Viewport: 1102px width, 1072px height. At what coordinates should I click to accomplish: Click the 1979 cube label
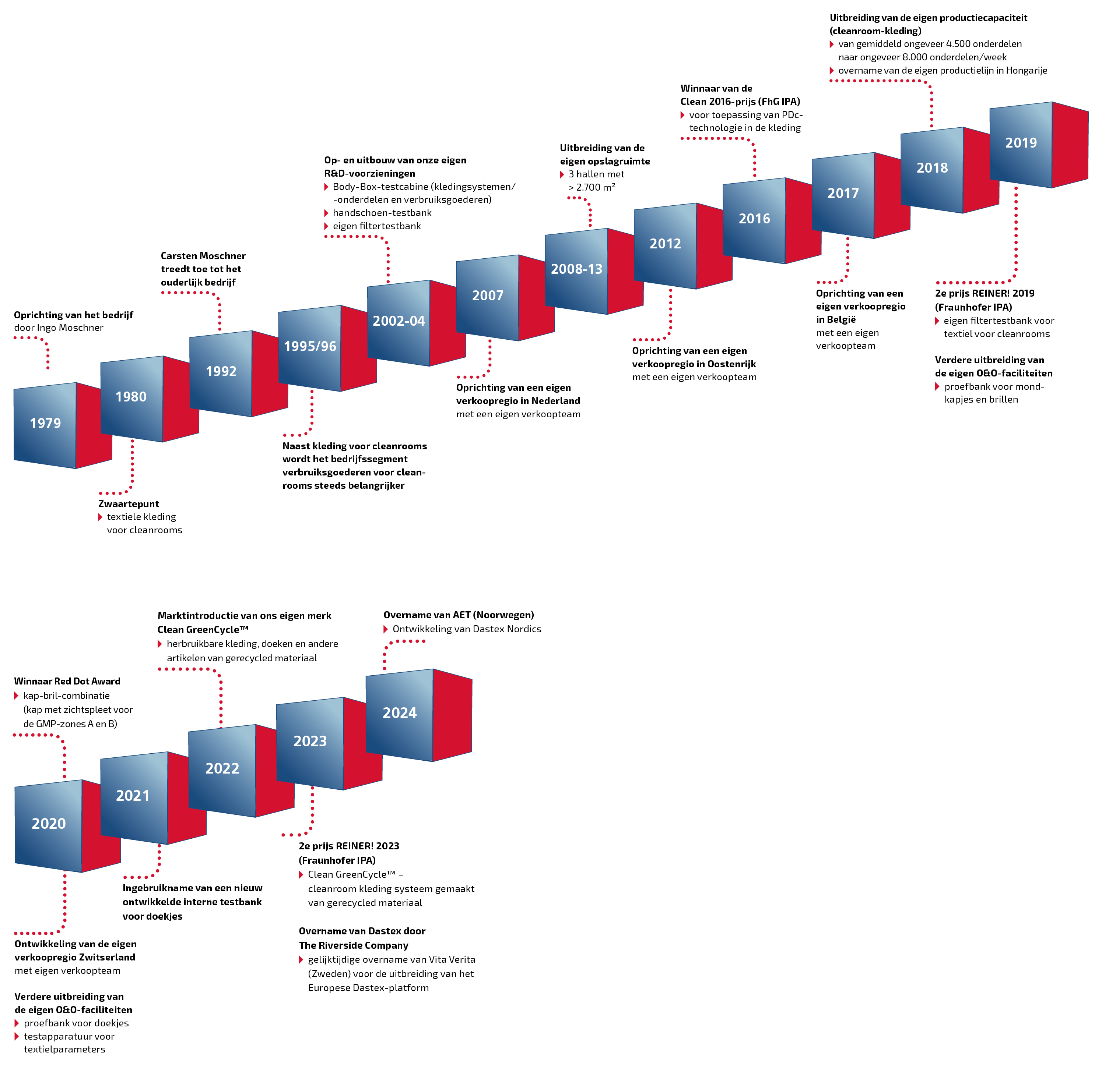[x=45, y=424]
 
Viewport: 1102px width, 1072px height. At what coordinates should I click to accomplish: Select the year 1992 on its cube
[x=221, y=372]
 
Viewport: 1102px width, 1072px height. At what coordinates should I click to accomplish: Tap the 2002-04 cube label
[x=398, y=321]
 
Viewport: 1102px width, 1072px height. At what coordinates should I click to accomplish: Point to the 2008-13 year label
[x=576, y=269]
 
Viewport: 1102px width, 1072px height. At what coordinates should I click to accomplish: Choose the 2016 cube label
[x=754, y=219]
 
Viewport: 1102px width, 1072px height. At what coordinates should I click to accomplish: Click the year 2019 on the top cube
[x=1021, y=143]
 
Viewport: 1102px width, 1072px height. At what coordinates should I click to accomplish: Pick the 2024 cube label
[x=400, y=713]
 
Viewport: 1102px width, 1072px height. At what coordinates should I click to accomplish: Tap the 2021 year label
[x=132, y=796]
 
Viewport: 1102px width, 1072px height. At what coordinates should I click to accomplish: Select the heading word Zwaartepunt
[x=129, y=504]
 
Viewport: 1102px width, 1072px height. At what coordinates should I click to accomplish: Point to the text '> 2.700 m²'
[x=592, y=187]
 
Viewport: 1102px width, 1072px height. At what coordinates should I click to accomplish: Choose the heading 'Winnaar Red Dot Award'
[x=67, y=681]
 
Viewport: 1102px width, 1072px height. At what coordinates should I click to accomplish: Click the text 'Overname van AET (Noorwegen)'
[x=459, y=615]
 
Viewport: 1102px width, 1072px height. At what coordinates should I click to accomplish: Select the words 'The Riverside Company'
[x=353, y=945]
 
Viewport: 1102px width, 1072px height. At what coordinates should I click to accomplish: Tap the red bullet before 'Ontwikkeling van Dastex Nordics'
[x=386, y=629]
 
